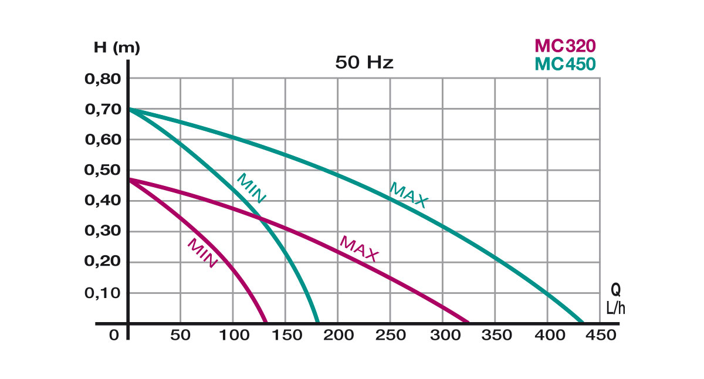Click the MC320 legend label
point(565,46)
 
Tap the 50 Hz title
point(364,63)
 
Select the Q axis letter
point(615,290)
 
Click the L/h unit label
point(615,307)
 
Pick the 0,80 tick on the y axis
point(103,79)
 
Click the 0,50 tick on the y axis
point(103,171)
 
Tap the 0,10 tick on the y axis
point(103,293)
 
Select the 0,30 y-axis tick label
point(103,232)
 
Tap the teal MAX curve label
point(409,195)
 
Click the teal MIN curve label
point(251,188)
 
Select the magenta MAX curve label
point(359,249)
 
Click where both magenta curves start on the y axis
point(128,179)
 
